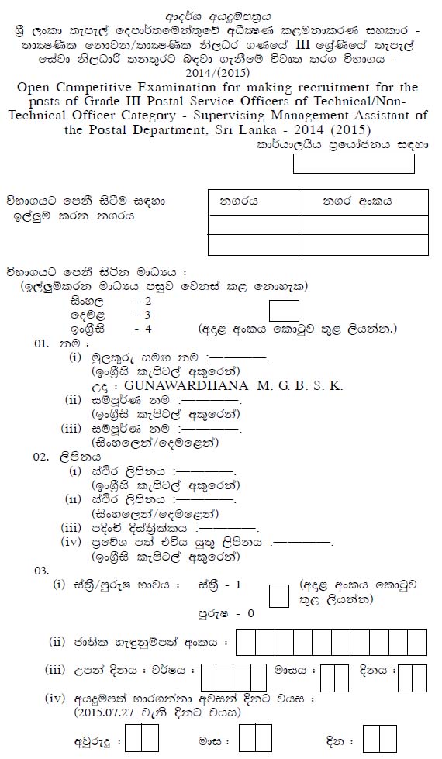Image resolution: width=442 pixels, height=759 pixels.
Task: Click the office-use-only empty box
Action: coord(354,164)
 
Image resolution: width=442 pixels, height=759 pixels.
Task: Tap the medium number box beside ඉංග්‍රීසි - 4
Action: coord(283,311)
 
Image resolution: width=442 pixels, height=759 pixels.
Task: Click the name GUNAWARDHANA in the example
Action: coord(174,385)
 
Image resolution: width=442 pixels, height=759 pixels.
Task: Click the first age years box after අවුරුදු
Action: coord(133,738)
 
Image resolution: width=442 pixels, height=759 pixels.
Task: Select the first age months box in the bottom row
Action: coord(248,738)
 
